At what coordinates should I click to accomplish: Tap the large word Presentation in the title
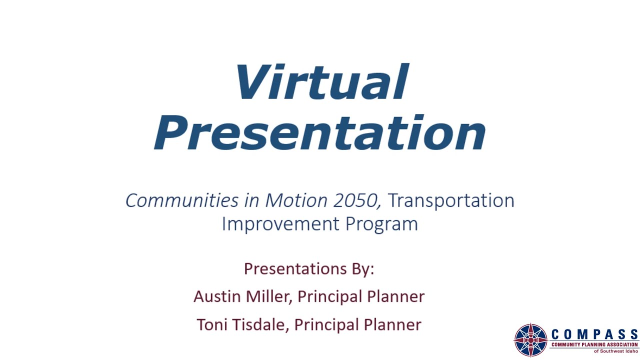tap(320, 133)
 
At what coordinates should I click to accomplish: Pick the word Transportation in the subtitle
tap(451, 200)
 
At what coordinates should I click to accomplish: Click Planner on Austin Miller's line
tap(395, 296)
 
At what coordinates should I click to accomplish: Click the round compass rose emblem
tap(531, 340)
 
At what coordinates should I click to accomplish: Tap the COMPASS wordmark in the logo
tap(594, 334)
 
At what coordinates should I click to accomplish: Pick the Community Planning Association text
tap(594, 344)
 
